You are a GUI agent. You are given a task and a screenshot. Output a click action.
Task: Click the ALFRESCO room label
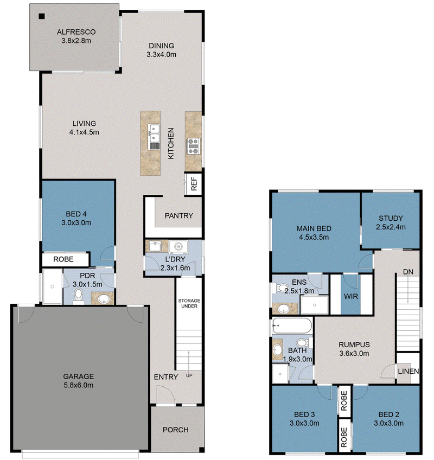(76, 31)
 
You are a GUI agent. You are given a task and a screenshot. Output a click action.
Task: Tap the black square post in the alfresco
(42, 16)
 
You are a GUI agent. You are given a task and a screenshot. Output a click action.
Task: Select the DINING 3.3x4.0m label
(161, 50)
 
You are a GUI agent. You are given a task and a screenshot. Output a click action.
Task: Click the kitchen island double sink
(154, 133)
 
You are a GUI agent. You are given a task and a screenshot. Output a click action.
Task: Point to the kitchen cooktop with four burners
(193, 146)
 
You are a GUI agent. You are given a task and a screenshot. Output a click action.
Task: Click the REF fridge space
(194, 184)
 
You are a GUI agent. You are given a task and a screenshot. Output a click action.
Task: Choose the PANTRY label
(178, 216)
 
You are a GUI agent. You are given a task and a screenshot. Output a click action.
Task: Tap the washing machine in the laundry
(178, 247)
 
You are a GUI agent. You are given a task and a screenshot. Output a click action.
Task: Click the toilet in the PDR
(78, 296)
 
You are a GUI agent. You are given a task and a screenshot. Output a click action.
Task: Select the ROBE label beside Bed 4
(63, 259)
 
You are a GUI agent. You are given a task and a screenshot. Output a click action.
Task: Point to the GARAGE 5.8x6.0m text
(79, 380)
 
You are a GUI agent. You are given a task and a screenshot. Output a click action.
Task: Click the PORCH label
(175, 430)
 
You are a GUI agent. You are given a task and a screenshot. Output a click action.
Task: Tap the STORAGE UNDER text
(189, 303)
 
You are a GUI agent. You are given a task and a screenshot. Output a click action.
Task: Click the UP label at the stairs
(189, 375)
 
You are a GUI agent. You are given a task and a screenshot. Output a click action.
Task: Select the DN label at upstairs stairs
(408, 272)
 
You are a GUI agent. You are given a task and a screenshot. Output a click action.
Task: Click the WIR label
(351, 296)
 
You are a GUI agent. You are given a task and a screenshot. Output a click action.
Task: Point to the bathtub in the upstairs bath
(292, 325)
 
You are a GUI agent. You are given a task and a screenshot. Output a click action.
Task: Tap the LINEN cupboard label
(408, 371)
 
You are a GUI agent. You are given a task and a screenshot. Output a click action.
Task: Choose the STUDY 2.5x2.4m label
(391, 222)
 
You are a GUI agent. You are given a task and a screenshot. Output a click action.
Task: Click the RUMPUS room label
(354, 344)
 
